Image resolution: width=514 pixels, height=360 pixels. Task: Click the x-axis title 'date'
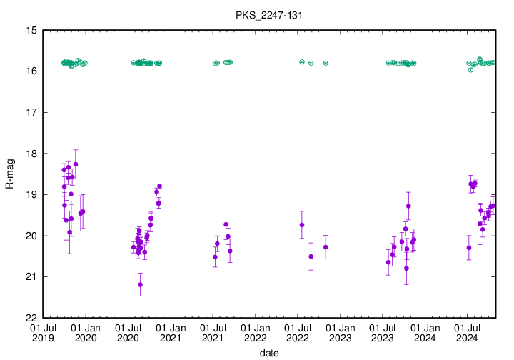[269, 353]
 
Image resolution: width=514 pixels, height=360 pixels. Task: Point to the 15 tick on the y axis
[32, 31]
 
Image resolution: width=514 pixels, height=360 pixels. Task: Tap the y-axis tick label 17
[32, 113]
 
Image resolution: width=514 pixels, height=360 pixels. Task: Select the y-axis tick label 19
[32, 195]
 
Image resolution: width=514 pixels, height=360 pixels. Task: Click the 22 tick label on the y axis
[32, 318]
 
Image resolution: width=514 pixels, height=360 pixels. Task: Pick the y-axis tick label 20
[32, 236]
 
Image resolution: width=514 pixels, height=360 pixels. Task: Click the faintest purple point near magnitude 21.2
[140, 284]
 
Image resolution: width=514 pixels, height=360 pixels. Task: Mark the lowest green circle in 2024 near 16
[470, 70]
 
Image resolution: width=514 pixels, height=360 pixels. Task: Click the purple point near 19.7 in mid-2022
[302, 225]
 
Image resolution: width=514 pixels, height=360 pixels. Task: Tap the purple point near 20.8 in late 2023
[406, 269]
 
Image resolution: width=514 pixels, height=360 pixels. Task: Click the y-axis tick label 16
[32, 71]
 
